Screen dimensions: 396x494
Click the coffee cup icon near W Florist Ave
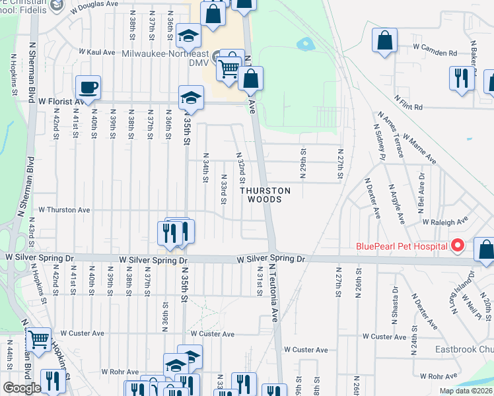87,86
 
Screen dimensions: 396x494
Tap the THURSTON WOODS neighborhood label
265,195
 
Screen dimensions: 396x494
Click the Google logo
22,388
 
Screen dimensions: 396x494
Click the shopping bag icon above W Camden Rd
384,40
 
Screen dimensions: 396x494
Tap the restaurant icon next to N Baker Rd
460,78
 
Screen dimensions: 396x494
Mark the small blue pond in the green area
305,45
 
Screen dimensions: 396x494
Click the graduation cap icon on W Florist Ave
190,97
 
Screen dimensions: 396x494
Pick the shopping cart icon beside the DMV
229,68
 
